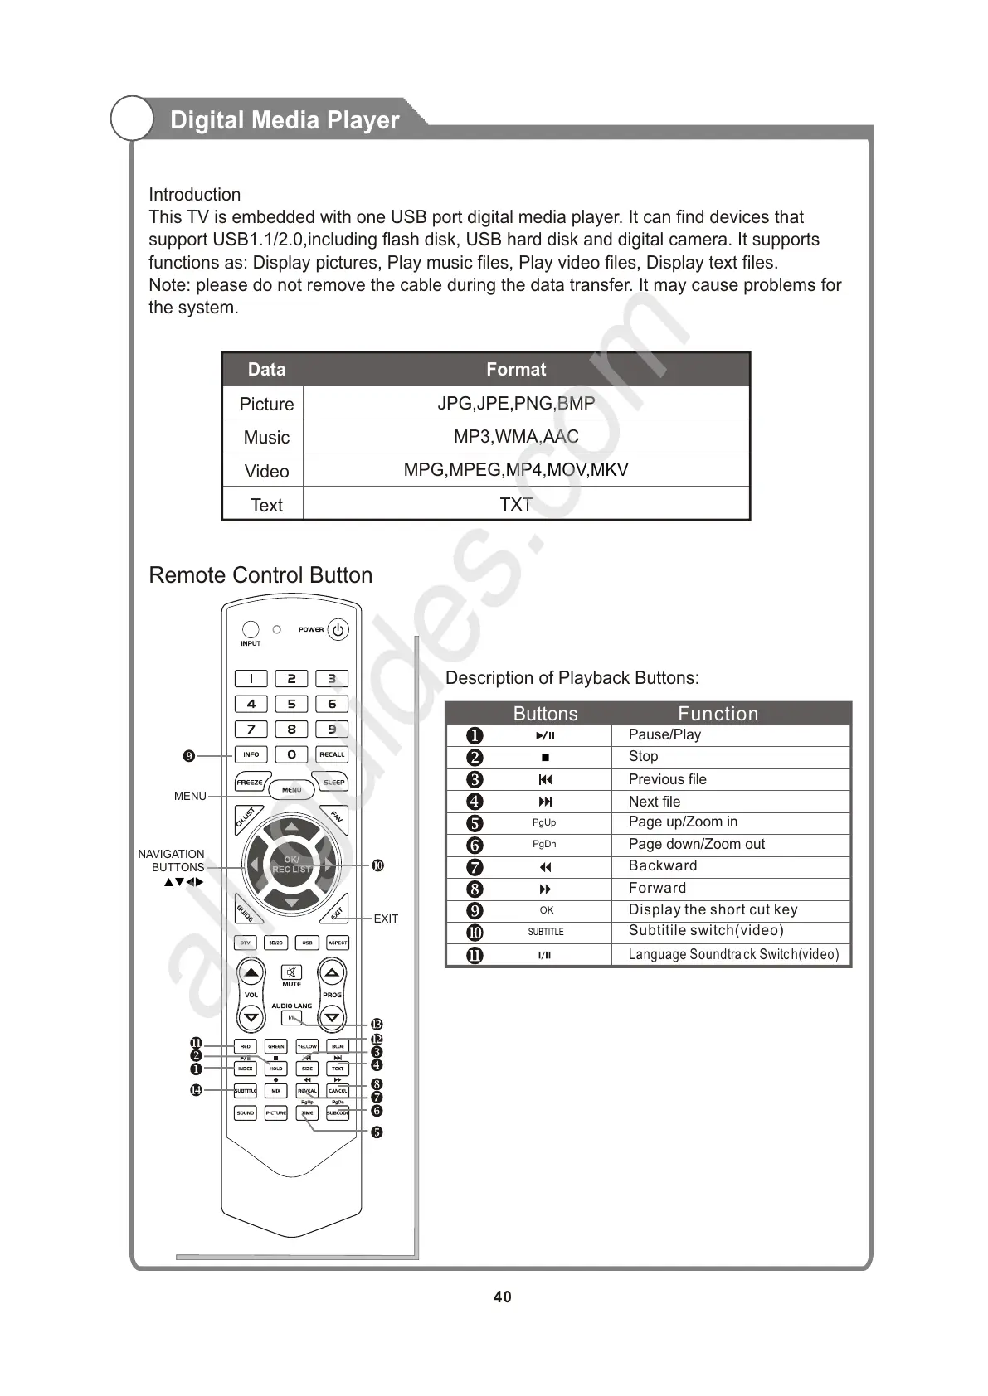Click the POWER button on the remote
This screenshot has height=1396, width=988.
pyautogui.click(x=338, y=630)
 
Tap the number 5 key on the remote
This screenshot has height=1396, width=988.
pyautogui.click(x=291, y=704)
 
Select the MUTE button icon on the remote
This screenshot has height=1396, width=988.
pyautogui.click(x=291, y=972)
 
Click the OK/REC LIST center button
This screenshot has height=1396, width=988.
pyautogui.click(x=291, y=865)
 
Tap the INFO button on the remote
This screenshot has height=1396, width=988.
pyautogui.click(x=251, y=754)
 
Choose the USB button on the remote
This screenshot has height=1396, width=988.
pyautogui.click(x=307, y=943)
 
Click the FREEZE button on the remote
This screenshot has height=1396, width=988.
pyautogui.click(x=250, y=783)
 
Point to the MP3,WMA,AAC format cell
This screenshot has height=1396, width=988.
pyautogui.click(x=516, y=437)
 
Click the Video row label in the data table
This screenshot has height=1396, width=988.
pyautogui.click(x=266, y=471)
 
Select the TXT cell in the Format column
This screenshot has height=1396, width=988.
pyautogui.click(x=516, y=504)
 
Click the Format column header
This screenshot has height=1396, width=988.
pyautogui.click(x=516, y=370)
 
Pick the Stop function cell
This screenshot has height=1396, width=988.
pyautogui.click(x=644, y=757)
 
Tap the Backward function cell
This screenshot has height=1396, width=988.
pyautogui.click(x=663, y=866)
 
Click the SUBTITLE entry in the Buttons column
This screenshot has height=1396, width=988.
pyautogui.click(x=545, y=932)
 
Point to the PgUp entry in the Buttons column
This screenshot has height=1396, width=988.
pyautogui.click(x=544, y=822)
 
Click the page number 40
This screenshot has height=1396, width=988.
pyautogui.click(x=502, y=1297)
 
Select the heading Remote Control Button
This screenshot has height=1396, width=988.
pyautogui.click(x=260, y=575)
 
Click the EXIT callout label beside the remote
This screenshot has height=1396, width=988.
pyautogui.click(x=386, y=919)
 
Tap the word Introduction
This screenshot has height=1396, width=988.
pyautogui.click(x=195, y=195)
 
